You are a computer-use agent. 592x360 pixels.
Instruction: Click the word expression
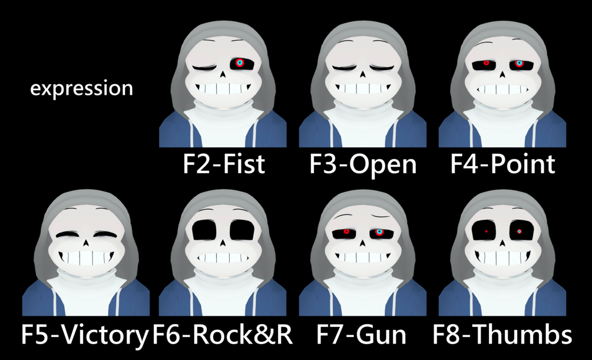(81, 88)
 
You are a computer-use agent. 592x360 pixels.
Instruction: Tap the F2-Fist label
(223, 164)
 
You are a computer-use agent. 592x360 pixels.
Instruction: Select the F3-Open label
(363, 164)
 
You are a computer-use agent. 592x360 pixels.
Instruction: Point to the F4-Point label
(502, 164)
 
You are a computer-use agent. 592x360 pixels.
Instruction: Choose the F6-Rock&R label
(223, 335)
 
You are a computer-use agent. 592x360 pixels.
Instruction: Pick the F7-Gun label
(361, 335)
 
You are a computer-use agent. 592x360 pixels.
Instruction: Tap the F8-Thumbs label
(502, 335)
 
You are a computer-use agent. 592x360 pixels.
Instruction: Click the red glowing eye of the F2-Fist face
(240, 62)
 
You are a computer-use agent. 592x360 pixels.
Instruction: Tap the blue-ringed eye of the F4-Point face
(519, 63)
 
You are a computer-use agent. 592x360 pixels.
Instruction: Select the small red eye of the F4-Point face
(487, 63)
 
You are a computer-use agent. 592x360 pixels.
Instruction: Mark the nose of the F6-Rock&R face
(223, 243)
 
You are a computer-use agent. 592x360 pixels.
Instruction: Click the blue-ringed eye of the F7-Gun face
(379, 233)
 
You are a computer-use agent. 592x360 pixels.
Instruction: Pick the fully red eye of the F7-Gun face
(346, 233)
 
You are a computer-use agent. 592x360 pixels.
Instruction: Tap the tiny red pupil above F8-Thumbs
(487, 232)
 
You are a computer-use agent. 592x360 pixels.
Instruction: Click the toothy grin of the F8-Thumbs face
(502, 258)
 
